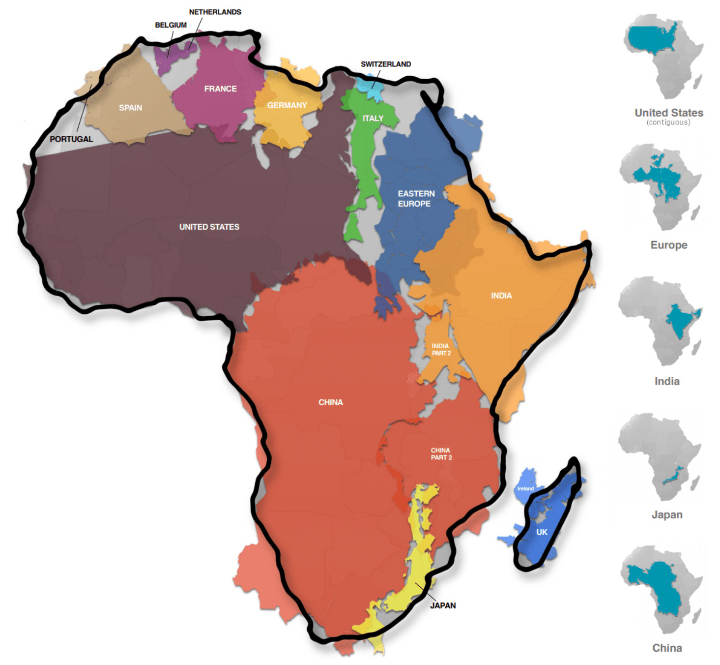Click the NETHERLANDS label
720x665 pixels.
[215, 12]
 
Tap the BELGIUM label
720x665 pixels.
[171, 25]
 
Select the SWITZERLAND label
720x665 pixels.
[385, 64]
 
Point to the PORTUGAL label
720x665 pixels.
[71, 139]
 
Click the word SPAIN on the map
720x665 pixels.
[130, 108]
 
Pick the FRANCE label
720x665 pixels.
[220, 89]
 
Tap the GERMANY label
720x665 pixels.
[287, 105]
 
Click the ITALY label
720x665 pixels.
[373, 119]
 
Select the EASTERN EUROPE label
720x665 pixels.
[416, 199]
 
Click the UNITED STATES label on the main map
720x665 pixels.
[209, 227]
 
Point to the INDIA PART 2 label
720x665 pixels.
[441, 350]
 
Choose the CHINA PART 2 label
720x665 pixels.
[441, 454]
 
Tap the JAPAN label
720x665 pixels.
[443, 605]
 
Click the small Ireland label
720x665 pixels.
[525, 488]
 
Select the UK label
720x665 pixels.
[542, 532]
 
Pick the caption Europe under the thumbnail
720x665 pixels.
[668, 245]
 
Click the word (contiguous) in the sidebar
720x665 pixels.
[668, 122]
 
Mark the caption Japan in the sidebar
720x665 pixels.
[666, 514]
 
